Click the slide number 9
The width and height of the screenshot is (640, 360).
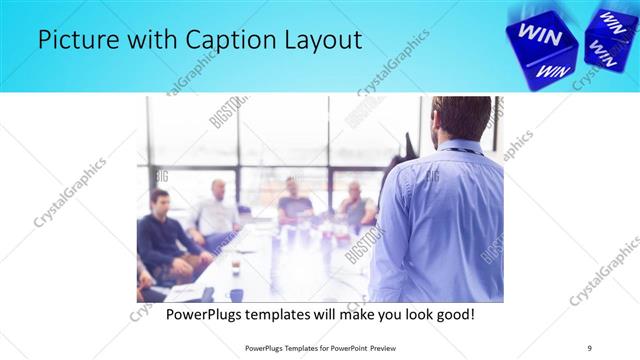coord(590,347)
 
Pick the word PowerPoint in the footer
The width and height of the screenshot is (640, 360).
coord(348,347)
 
